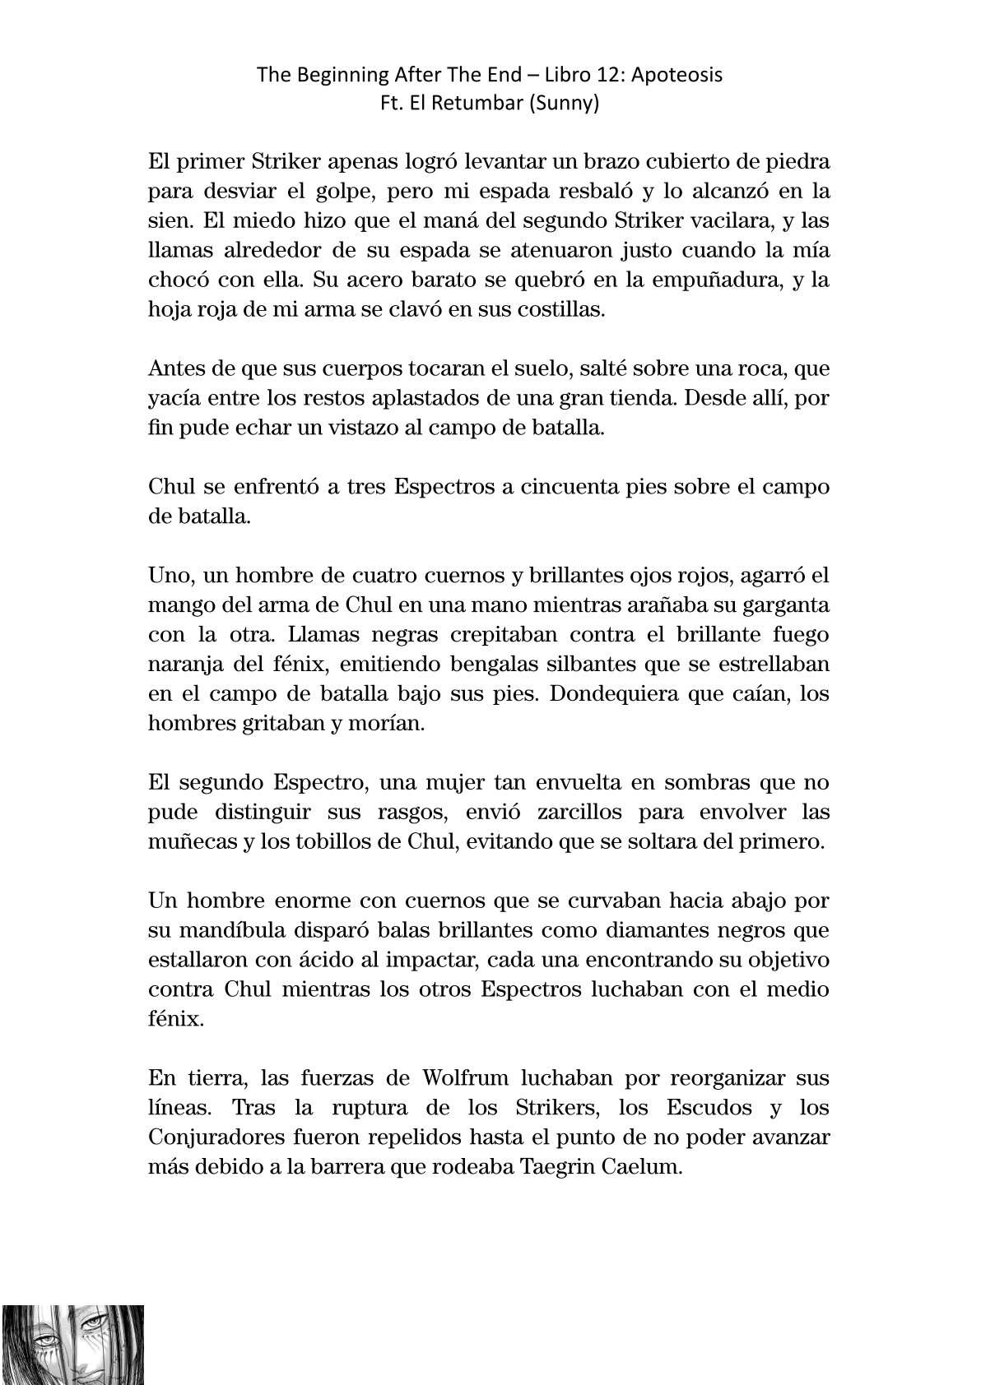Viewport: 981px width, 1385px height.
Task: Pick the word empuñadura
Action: tap(707, 280)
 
